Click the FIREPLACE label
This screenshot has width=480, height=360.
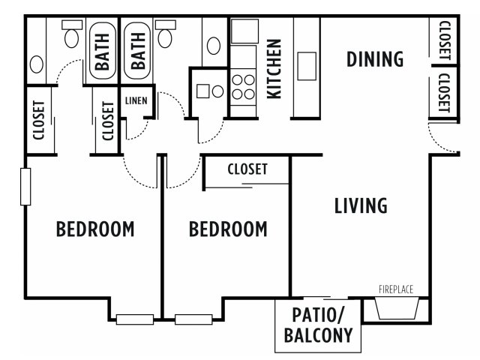[396, 289]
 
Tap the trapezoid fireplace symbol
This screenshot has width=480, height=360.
[397, 308]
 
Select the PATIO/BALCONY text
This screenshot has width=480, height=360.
[318, 325]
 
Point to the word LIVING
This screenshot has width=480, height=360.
[361, 205]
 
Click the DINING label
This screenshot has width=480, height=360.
[375, 59]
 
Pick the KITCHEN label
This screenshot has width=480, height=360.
[274, 69]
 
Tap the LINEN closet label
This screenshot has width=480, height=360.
[136, 100]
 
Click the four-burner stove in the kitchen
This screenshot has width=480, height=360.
[243, 87]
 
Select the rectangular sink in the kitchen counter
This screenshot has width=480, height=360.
[307, 66]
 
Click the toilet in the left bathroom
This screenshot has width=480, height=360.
[72, 33]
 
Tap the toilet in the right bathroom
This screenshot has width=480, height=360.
[165, 33]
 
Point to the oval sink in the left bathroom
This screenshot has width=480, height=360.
[37, 64]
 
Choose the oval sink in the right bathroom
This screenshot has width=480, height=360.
[214, 46]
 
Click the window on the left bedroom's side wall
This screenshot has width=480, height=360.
[25, 187]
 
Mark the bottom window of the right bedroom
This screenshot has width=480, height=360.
[193, 319]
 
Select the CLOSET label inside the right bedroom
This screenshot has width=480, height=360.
[247, 169]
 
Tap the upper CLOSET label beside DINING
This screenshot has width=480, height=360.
[445, 40]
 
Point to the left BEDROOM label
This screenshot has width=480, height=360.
[95, 229]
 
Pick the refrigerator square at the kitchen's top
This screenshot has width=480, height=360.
[244, 31]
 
